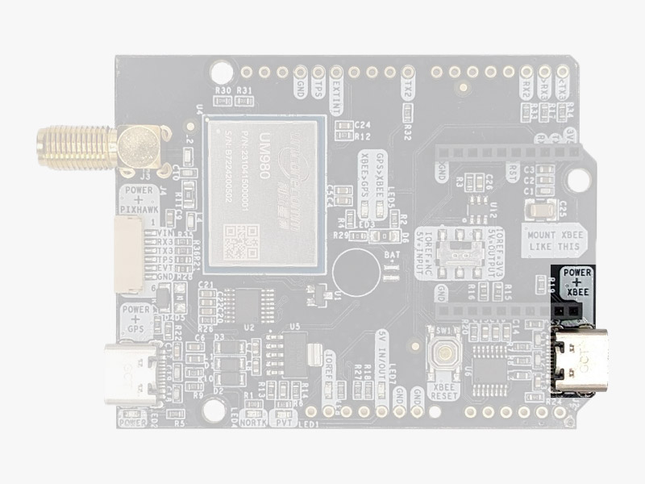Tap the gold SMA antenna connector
click(x=97, y=147)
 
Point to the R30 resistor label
click(x=223, y=90)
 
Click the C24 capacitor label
click(x=363, y=125)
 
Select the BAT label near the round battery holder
click(x=393, y=255)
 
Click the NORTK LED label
click(x=255, y=420)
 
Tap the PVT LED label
click(x=282, y=420)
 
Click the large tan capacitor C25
click(x=539, y=211)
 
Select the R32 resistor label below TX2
click(x=408, y=128)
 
